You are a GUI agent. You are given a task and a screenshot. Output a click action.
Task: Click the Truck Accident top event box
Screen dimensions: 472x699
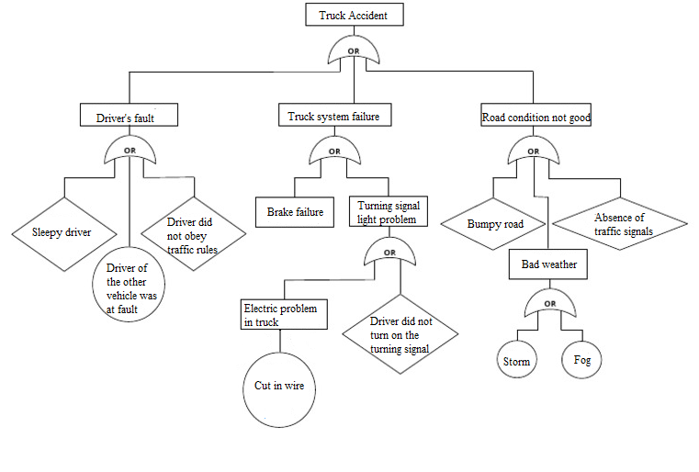[353, 16]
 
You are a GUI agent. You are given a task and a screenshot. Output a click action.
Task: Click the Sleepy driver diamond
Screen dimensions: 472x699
[62, 232]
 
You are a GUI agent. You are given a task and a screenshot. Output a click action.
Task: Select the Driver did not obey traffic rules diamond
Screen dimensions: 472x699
[193, 235]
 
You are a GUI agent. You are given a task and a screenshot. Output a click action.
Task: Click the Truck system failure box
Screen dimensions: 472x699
[333, 116]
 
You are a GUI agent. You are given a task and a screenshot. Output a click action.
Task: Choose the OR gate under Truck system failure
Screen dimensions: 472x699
[333, 152]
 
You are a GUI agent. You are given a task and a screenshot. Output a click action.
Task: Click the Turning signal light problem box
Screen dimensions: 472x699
[389, 212]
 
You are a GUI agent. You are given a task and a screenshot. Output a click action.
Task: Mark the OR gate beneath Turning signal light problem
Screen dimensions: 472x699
[389, 253]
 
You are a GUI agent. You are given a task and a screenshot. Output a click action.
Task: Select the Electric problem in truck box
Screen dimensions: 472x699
[279, 315]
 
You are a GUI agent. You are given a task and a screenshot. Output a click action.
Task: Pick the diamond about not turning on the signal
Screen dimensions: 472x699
[400, 335]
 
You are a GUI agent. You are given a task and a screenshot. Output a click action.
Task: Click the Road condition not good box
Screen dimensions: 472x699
[536, 117]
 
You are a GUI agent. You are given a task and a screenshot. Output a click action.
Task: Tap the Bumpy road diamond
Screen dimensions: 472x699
[494, 223]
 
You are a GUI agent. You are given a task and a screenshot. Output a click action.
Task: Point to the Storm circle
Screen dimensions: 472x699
[517, 361]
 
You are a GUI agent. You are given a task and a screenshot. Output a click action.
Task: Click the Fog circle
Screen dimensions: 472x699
[582, 360]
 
